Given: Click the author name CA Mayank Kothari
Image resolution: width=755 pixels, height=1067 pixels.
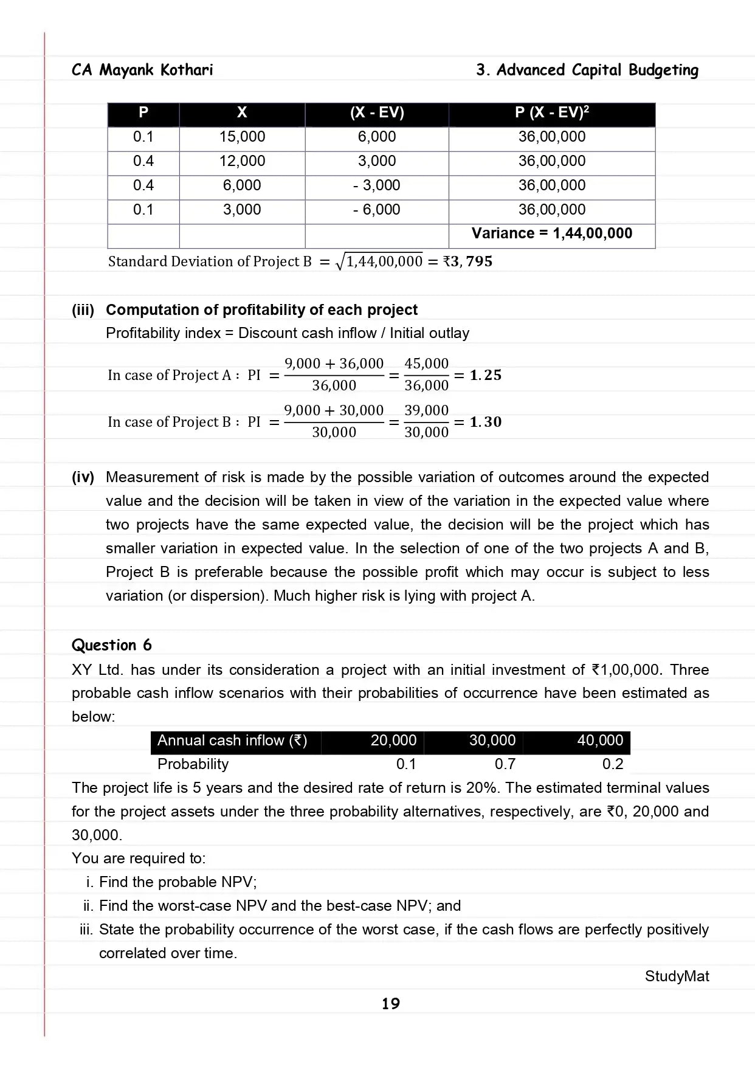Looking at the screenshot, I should tap(142, 70).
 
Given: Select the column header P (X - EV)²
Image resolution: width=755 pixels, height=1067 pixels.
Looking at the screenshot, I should tap(551, 112).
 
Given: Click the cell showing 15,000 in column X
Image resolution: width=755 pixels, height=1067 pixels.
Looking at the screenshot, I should tap(242, 137).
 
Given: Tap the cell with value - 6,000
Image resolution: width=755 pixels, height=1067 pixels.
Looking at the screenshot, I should tap(376, 210).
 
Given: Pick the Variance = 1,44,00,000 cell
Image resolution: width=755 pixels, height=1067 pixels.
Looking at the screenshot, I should tap(551, 233).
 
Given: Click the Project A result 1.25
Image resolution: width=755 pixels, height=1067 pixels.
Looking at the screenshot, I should tap(486, 375).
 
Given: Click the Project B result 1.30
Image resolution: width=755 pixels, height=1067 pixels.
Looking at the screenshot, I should tap(486, 422).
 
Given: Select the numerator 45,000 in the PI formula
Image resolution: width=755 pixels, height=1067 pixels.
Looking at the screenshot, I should tap(426, 364).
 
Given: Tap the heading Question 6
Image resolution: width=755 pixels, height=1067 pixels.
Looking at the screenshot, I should tap(112, 645).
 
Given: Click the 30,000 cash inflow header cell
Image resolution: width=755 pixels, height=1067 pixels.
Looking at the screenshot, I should tap(492, 741).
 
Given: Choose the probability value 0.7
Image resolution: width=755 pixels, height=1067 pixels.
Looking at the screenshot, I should tap(505, 764).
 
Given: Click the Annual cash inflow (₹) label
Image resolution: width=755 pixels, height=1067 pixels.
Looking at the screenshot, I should tap(232, 741).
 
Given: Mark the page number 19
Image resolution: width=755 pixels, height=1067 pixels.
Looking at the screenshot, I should tap(390, 1004).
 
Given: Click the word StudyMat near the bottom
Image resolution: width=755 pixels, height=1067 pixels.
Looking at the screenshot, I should tap(677, 976).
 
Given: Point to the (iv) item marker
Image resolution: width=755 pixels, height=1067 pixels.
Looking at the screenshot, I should tap(83, 477).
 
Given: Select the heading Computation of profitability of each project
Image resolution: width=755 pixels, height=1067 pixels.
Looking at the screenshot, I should tap(261, 310).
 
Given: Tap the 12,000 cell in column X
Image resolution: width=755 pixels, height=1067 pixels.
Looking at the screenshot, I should tap(242, 161).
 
